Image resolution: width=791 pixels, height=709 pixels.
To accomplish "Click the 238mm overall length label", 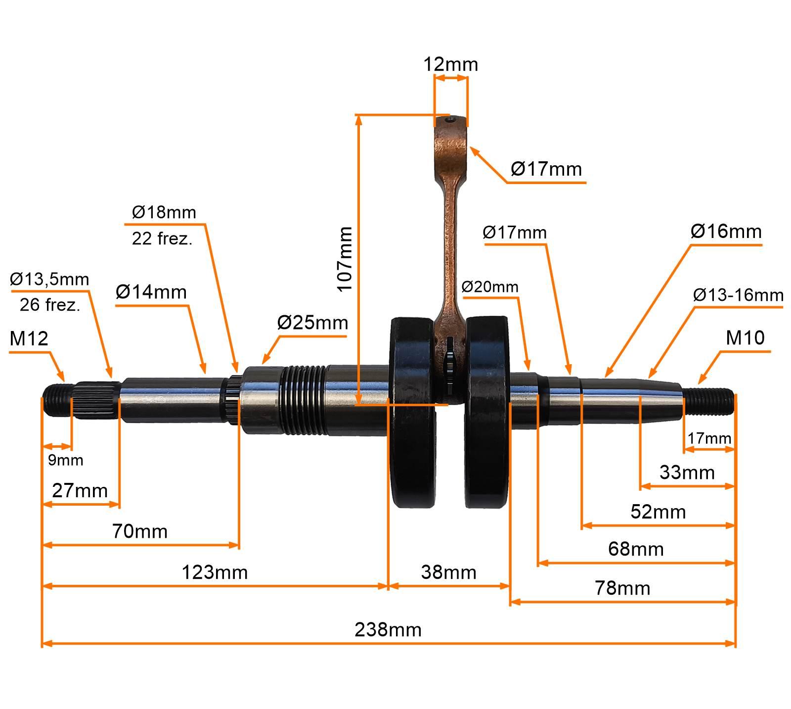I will [x=388, y=630].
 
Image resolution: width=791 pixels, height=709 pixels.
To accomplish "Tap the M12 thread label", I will [x=29, y=338].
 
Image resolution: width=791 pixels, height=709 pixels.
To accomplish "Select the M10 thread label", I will [x=745, y=337].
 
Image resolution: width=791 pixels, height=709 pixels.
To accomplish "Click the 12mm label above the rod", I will [x=450, y=64].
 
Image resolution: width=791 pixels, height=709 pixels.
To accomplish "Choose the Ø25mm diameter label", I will [x=312, y=323].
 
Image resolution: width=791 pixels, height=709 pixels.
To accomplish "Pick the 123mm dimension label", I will [x=215, y=572].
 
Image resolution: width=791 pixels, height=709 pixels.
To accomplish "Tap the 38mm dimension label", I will [x=448, y=572].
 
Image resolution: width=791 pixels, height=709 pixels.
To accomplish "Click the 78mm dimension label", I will [x=622, y=588].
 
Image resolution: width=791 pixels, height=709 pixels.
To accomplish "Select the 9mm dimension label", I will [x=65, y=460].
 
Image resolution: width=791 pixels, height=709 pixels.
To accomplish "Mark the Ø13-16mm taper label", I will [x=738, y=295].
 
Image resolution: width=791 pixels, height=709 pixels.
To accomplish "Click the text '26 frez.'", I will [x=50, y=305].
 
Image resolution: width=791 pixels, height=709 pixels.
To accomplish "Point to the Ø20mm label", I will [x=490, y=287].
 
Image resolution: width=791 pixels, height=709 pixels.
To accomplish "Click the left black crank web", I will [x=411, y=416].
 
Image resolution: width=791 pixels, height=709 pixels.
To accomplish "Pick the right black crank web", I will [x=487, y=416].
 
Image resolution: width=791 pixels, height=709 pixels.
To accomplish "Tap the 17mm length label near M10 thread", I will [x=709, y=438].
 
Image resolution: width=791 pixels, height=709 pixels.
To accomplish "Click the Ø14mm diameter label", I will [x=151, y=292].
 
